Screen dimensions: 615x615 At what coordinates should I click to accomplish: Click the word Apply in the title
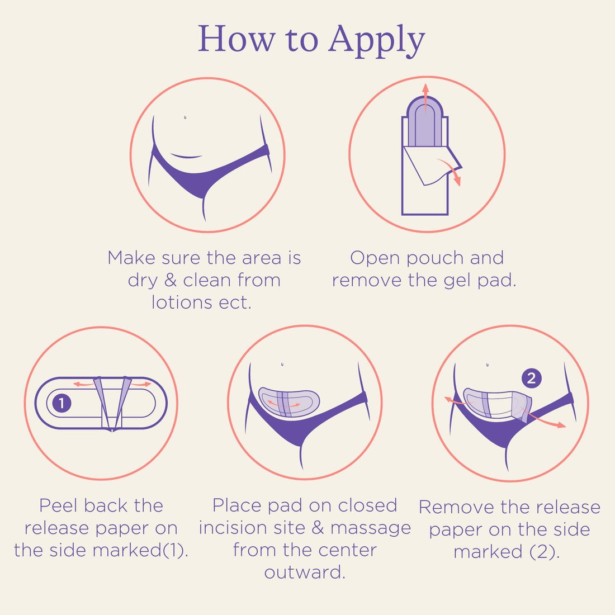pyautogui.click(x=377, y=40)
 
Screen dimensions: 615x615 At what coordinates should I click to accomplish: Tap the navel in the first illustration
pyautogui.click(x=184, y=117)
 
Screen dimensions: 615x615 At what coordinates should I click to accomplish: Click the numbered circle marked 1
pyautogui.click(x=61, y=403)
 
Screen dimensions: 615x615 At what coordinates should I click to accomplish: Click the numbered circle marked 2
pyautogui.click(x=532, y=378)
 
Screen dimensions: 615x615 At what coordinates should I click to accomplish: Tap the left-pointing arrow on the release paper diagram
pyautogui.click(x=83, y=384)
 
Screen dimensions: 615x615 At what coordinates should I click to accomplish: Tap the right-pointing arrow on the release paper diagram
pyautogui.click(x=141, y=385)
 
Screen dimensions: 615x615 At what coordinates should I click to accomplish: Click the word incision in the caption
pyautogui.click(x=230, y=528)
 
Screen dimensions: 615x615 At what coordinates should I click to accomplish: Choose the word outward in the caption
pyautogui.click(x=305, y=573)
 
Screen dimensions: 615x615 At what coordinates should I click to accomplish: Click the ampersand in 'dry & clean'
pyautogui.click(x=171, y=280)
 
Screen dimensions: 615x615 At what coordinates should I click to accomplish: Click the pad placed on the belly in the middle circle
pyautogui.click(x=289, y=401)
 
